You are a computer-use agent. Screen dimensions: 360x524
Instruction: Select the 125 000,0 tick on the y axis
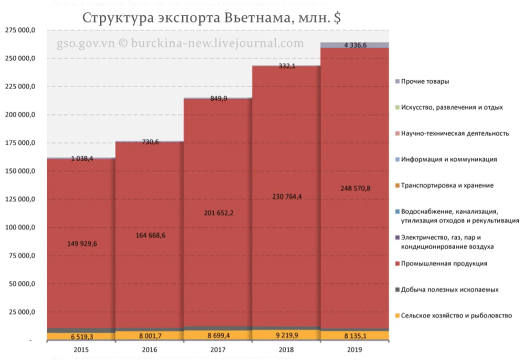[20, 199]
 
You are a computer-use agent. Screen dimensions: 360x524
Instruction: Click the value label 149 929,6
[81, 243]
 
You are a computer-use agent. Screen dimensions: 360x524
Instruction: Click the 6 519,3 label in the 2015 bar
[81, 336]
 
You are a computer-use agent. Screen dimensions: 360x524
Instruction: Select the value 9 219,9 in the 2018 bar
[286, 335]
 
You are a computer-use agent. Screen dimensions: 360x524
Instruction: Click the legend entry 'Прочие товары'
[425, 81]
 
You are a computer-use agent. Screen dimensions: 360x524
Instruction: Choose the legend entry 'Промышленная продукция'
[444, 263]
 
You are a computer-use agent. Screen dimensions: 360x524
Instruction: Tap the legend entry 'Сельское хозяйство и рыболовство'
[456, 315]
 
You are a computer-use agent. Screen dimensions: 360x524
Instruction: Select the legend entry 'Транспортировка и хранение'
[447, 185]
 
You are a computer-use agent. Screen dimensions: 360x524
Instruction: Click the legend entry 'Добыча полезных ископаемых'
[449, 290]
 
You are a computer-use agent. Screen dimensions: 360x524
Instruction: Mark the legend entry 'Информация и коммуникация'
[448, 159]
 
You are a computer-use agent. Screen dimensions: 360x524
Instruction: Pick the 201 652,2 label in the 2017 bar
[218, 213]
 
